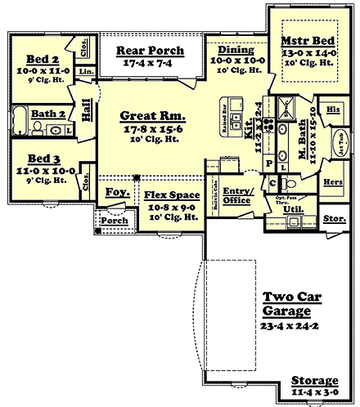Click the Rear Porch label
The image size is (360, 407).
tap(150, 51)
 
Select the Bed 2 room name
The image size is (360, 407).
tap(43, 60)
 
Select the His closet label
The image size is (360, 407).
tap(332, 108)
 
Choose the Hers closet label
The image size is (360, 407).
tap(332, 181)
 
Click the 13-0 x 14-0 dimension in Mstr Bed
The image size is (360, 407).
tap(308, 51)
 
